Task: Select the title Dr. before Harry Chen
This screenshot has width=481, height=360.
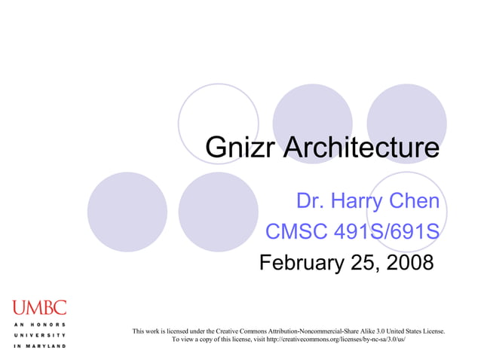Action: [311, 201]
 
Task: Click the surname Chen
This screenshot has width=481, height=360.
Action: [414, 201]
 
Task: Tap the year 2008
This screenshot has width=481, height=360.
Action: [406, 263]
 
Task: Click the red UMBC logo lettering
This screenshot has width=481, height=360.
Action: [39, 307]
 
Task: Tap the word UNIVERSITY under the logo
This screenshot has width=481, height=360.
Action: [39, 334]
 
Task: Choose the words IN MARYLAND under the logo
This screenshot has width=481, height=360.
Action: [39, 346]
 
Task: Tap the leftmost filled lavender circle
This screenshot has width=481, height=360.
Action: [127, 212]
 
